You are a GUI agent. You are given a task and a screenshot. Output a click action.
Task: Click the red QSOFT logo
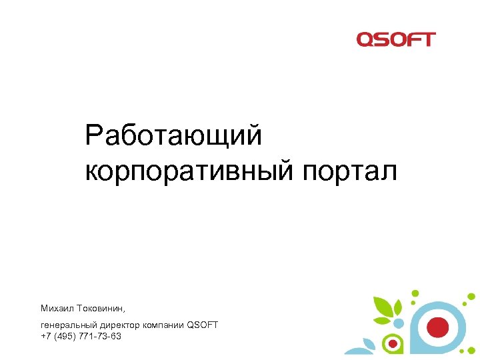click(395, 39)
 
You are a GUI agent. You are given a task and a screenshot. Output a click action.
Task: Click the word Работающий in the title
click(173, 137)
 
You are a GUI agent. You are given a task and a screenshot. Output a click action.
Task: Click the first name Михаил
click(57, 309)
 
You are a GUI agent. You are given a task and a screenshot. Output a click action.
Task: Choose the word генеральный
click(69, 325)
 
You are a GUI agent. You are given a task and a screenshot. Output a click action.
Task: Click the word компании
click(163, 325)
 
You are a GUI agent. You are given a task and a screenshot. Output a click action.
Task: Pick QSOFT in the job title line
click(203, 325)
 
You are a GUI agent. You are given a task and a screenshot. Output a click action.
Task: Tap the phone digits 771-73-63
click(101, 336)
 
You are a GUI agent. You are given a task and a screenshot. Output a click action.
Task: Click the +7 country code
click(45, 336)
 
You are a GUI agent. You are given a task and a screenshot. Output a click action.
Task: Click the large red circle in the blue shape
click(437, 326)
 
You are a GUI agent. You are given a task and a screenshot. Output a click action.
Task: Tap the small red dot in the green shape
click(394, 344)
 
